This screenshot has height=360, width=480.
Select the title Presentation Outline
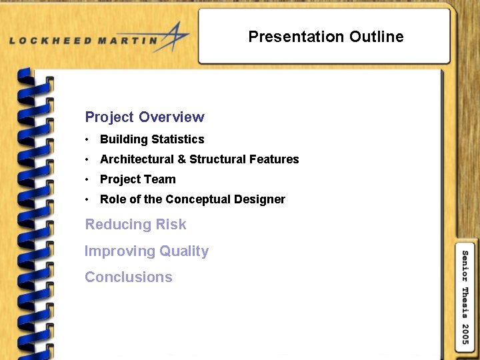[x=325, y=37]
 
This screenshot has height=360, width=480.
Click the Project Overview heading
[x=145, y=117]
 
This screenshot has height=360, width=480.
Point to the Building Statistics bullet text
[x=152, y=139]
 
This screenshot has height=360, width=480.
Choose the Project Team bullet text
[x=138, y=179]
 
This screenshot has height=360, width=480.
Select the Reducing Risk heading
[x=135, y=225]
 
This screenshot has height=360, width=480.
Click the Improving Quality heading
[x=147, y=251]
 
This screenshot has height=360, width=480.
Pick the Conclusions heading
[x=129, y=277]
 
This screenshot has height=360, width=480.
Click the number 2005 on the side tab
[x=465, y=333]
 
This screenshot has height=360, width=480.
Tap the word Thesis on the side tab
[x=465, y=302]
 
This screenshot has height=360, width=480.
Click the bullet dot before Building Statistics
[x=87, y=140]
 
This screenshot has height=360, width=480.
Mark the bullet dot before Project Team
[x=87, y=180]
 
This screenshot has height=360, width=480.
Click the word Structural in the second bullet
[x=218, y=159]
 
